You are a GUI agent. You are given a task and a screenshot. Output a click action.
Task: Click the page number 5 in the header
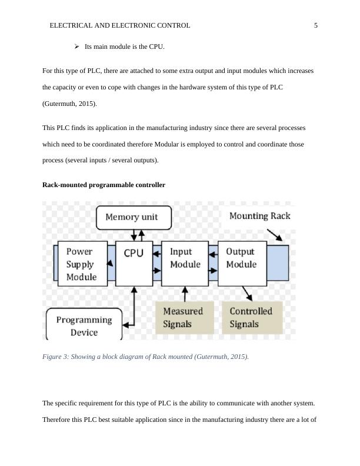pos(316,26)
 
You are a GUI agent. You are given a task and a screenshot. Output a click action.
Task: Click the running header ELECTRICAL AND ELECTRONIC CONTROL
pos(120,26)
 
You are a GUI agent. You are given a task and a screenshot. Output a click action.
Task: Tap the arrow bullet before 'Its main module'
pos(76,46)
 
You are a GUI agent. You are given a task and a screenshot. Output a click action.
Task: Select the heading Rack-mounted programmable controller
pos(104,185)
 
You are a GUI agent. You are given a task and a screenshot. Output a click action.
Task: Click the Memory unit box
pos(134,217)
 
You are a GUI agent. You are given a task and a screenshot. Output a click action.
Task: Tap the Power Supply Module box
pos(82,263)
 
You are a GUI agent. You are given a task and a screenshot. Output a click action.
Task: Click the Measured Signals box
pos(183,318)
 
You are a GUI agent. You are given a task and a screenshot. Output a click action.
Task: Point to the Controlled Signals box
pos(251,318)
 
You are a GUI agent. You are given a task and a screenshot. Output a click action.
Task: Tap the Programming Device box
pos(84,325)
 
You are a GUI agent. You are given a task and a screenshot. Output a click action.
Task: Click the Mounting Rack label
pos(259,216)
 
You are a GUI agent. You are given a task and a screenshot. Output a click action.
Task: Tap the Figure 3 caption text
pos(145,357)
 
